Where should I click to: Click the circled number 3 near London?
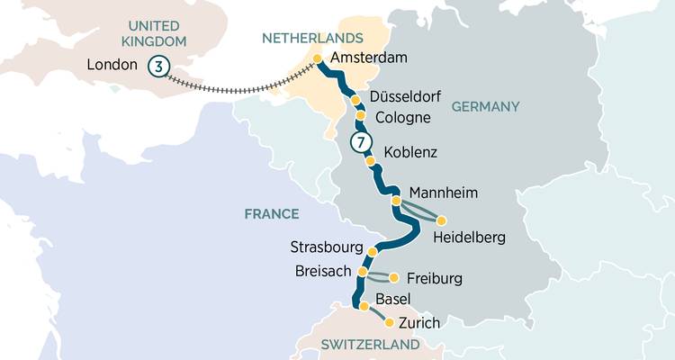(x=158, y=66)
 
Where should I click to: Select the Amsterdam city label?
(x=369, y=58)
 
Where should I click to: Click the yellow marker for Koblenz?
(x=370, y=160)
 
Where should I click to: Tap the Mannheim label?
(x=443, y=193)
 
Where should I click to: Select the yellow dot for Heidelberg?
(x=441, y=220)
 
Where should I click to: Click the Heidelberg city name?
(x=469, y=238)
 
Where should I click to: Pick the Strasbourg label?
(x=326, y=247)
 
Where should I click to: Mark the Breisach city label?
(x=322, y=271)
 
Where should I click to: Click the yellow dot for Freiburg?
(x=393, y=277)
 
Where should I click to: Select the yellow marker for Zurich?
(x=390, y=322)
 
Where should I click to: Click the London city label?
(x=112, y=65)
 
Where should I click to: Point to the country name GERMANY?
(x=485, y=106)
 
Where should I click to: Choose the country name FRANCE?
(x=271, y=213)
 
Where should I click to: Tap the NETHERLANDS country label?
(x=312, y=38)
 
